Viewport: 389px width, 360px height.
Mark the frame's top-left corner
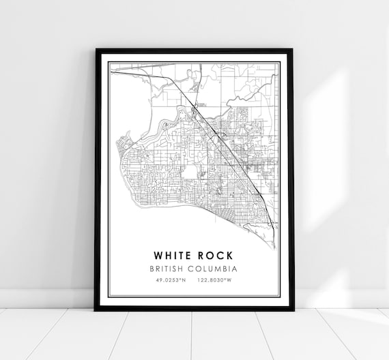click(96, 50)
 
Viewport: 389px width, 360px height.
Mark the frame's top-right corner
click(293, 50)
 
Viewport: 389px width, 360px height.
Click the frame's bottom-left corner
click(95, 310)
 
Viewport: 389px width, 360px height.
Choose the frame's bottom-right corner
click(293, 310)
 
